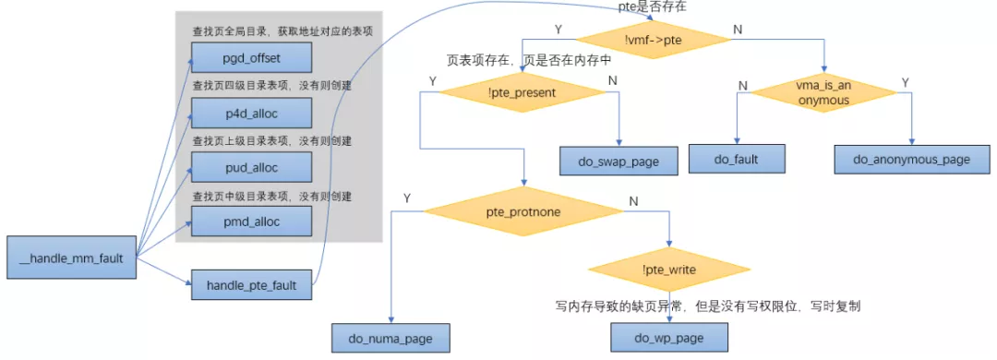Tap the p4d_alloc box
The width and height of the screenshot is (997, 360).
[x=251, y=114]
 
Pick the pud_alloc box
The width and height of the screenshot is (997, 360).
[x=251, y=167]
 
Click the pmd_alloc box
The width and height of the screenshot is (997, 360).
[x=251, y=222]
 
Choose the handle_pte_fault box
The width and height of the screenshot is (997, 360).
[x=251, y=285]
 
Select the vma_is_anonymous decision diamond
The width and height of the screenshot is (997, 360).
[x=823, y=93]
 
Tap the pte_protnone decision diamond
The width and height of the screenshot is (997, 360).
[x=529, y=211]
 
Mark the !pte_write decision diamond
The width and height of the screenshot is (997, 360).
[x=669, y=270]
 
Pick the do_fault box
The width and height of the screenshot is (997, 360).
[x=736, y=159]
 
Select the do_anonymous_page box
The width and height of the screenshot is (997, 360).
[x=911, y=159]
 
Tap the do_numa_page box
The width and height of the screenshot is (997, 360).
[x=391, y=338]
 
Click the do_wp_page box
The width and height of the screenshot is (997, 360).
[x=668, y=338]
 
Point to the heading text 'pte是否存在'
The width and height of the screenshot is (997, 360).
[x=652, y=7]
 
